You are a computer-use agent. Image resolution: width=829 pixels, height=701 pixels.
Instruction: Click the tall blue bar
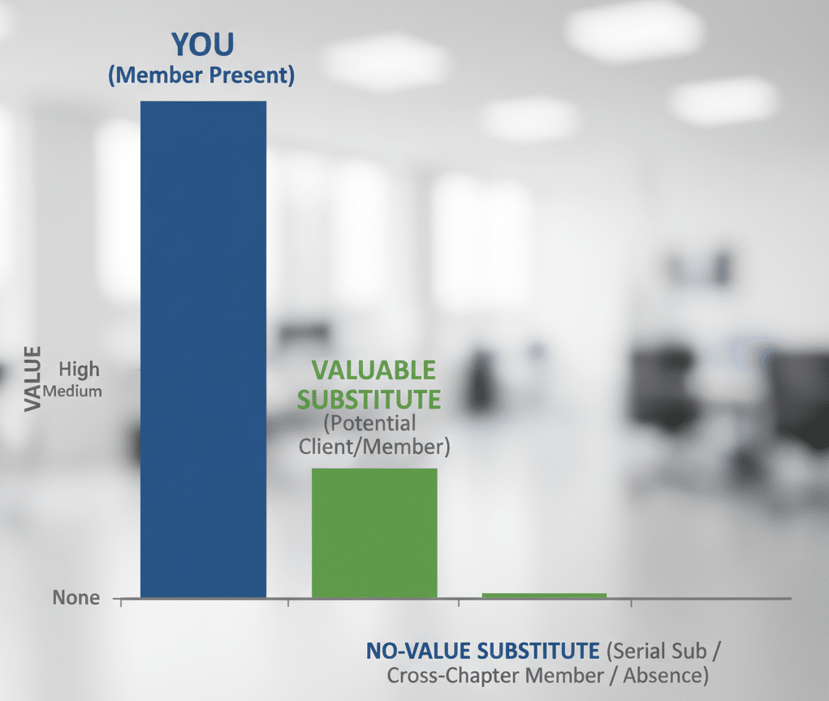point(203,349)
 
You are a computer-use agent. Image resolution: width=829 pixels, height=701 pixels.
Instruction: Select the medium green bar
point(374,532)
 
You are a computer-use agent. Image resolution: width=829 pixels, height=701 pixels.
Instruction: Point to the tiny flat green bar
point(544,595)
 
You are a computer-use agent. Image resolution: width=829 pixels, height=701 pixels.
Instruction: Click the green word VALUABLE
point(373,370)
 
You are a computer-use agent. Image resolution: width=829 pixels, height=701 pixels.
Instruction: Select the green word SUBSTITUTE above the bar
point(369,400)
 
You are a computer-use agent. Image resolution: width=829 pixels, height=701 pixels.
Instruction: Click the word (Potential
point(369,423)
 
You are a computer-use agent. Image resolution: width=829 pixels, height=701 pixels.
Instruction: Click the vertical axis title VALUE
point(32,378)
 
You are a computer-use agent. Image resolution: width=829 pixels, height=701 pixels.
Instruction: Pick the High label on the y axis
point(80,370)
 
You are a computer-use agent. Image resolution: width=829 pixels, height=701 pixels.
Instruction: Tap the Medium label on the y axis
point(73,391)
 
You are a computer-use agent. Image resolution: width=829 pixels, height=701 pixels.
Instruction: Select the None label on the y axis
point(76,599)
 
